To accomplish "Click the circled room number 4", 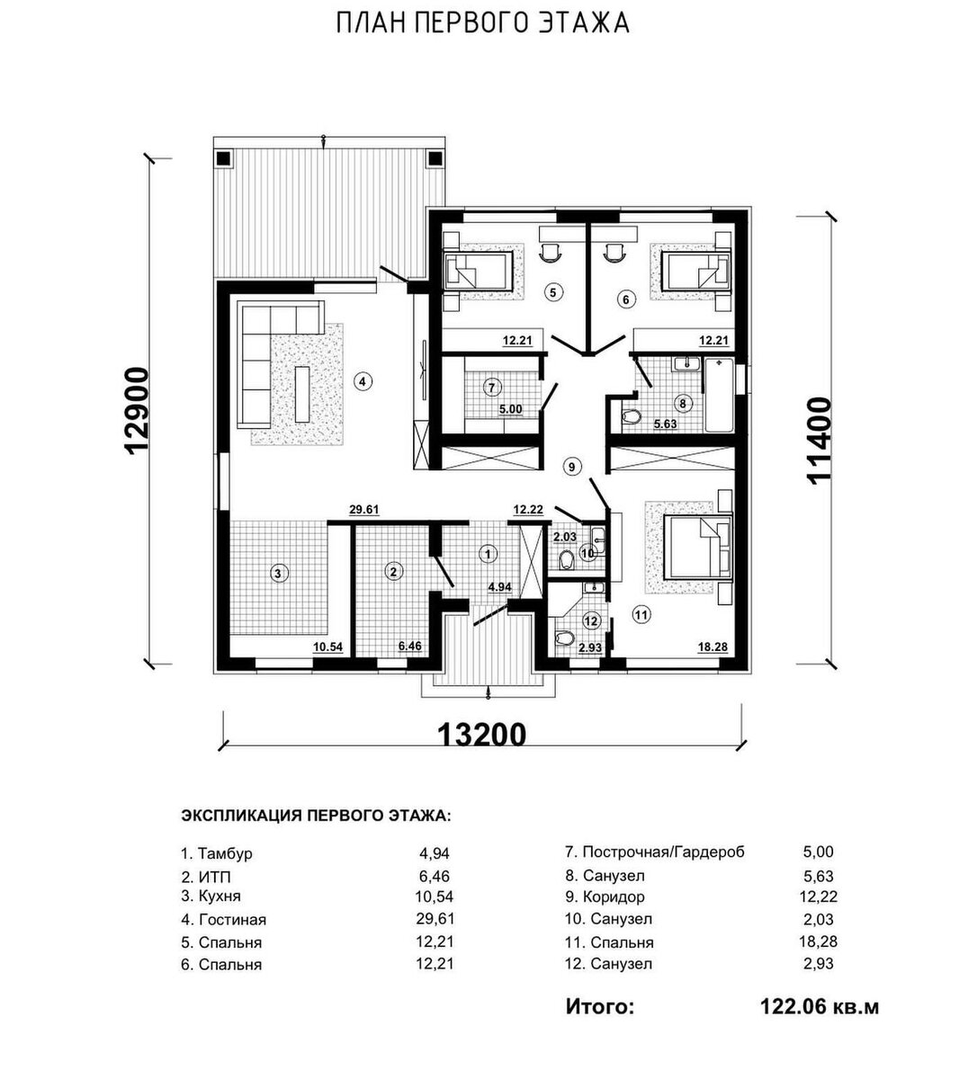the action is (x=363, y=381).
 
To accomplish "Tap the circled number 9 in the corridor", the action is (x=571, y=467).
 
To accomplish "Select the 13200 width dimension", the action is (x=482, y=735).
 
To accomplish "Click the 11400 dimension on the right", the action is (x=819, y=441).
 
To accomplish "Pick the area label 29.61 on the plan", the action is (x=364, y=510).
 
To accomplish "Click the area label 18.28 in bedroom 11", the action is (x=713, y=647).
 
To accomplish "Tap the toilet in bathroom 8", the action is (x=631, y=416).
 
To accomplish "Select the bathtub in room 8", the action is (x=719, y=395).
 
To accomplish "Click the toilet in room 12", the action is (x=562, y=637).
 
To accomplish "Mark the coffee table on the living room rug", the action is (x=302, y=394).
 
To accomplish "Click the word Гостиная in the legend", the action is (x=232, y=920).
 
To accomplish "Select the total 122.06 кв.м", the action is (x=820, y=1007).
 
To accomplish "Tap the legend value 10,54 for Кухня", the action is (x=435, y=896).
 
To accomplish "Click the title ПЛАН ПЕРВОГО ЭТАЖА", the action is (x=483, y=24).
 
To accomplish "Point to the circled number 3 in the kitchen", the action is (x=278, y=574).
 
